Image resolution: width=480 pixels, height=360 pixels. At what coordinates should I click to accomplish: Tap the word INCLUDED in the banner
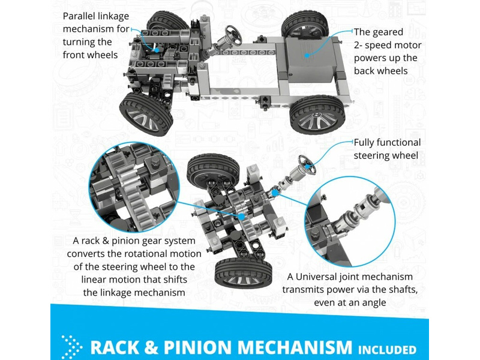[388, 349]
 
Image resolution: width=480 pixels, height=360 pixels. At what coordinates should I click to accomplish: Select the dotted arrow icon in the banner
[71, 347]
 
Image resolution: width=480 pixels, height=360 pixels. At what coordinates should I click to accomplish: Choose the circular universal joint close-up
[348, 224]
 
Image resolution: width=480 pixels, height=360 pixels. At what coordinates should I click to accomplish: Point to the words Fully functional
[387, 143]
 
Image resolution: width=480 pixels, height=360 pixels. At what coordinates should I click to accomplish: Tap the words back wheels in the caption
[381, 71]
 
